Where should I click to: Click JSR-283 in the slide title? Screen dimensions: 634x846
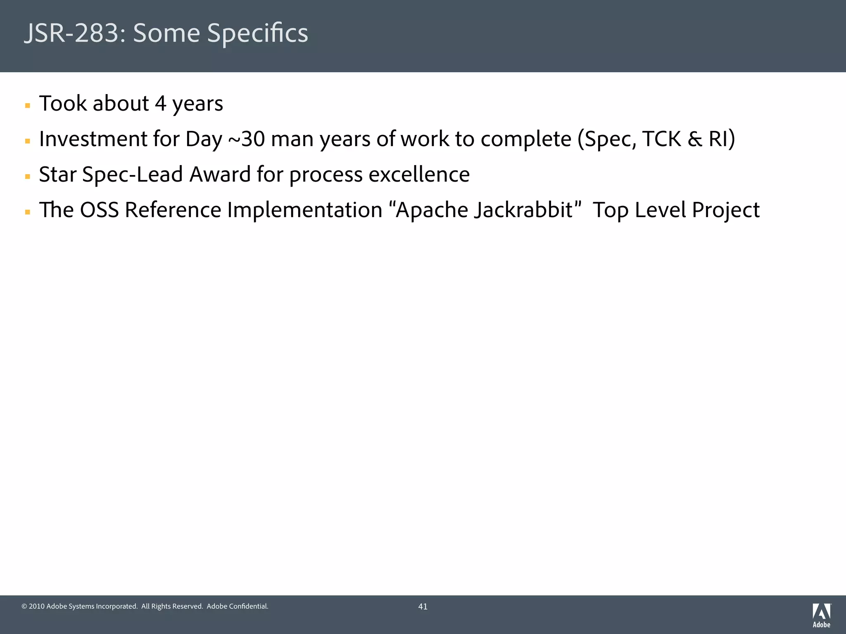[72, 33]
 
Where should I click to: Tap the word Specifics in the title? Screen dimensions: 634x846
[257, 33]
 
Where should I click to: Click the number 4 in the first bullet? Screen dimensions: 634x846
[160, 104]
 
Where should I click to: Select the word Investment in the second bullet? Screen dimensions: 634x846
[93, 139]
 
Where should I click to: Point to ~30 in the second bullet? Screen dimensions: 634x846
[246, 139]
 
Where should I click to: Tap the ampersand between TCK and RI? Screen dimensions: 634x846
[695, 139]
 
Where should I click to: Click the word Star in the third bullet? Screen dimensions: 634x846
[57, 175]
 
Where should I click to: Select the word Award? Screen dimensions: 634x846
[220, 175]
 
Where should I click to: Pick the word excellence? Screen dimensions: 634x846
[419, 175]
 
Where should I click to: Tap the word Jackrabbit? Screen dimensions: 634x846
[523, 210]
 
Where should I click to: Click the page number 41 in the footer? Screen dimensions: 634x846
[423, 606]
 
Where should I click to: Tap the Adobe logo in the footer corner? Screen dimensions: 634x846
[821, 615]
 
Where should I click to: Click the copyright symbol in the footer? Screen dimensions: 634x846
[24, 606]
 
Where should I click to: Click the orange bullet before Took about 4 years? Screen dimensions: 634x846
[28, 106]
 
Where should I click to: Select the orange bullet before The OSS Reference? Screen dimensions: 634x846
[28, 212]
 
